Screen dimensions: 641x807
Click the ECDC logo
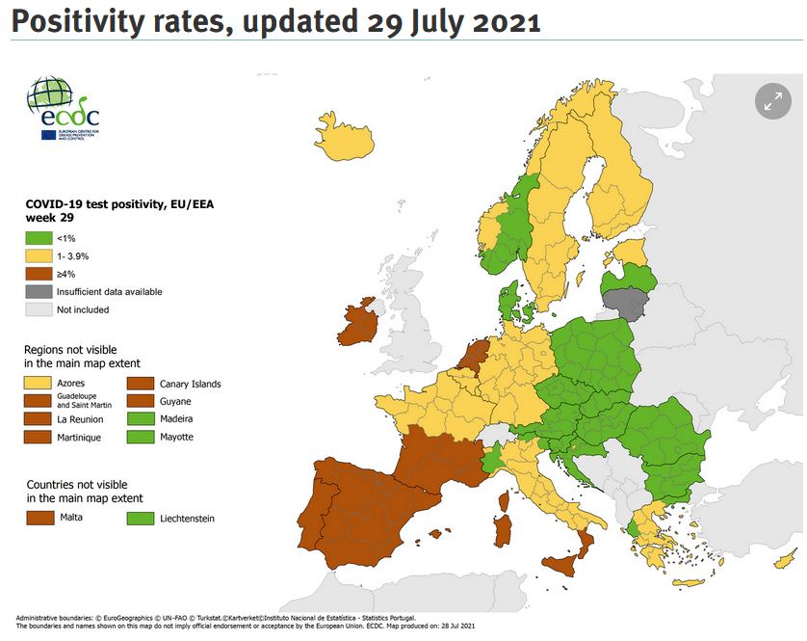[x=64, y=109]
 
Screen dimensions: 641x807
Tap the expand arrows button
[x=772, y=101]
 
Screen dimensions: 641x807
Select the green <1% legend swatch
[x=38, y=237]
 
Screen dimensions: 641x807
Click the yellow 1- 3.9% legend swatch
[x=38, y=255]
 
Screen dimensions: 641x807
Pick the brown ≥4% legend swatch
[x=38, y=274]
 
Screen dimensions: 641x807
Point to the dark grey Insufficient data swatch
[x=38, y=291]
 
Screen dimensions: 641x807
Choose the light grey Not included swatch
[x=38, y=309]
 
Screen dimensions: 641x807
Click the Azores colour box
[x=39, y=384]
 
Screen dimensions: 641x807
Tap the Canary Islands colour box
[x=141, y=384]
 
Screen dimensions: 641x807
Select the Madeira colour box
[x=141, y=419]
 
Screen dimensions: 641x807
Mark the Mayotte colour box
[x=141, y=437]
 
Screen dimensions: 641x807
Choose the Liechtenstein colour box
[x=141, y=518]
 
